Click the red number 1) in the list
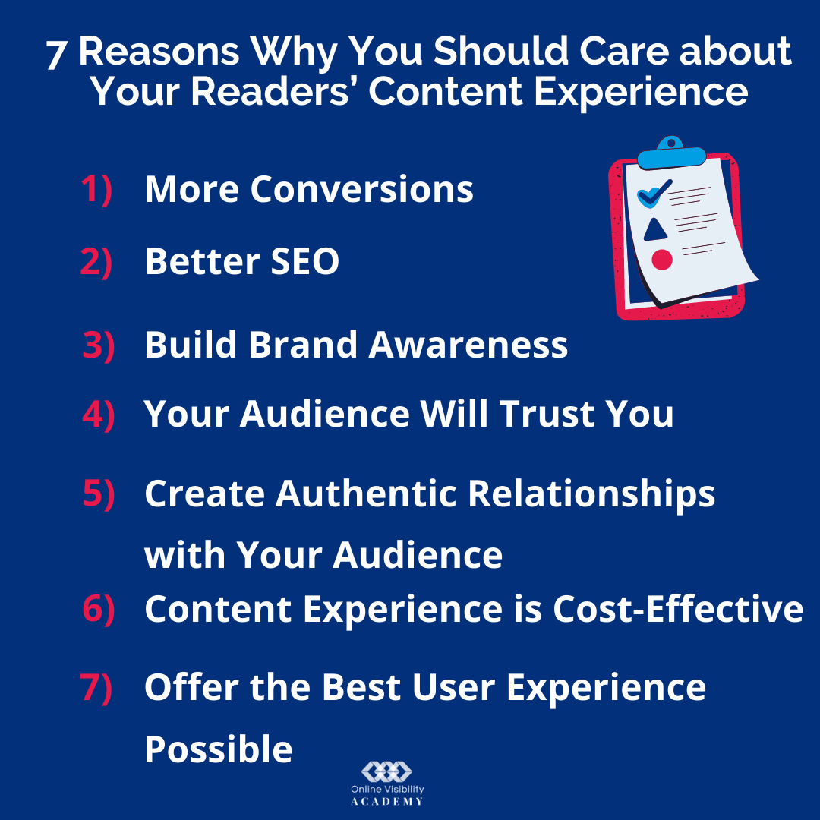96,189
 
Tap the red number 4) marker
99,415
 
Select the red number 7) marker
96,687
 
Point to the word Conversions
362,189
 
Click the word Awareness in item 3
468,345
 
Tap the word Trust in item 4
547,415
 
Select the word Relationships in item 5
591,494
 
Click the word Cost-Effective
678,609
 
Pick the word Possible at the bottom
218,749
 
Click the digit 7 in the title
56,55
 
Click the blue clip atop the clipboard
671,153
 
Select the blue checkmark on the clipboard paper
654,192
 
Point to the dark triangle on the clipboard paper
654,229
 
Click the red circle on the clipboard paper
662,260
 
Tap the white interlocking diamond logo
387,771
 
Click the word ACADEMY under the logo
387,802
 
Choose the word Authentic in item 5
366,494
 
